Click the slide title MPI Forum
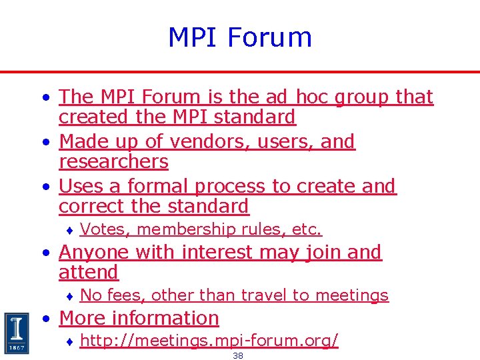coord(240,37)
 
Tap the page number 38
coord(238,356)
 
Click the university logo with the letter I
coord(16,332)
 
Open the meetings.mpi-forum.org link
coord(209,341)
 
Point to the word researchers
coord(113,161)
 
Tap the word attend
coord(89,272)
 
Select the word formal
coord(157,186)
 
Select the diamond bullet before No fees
coord(69,296)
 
